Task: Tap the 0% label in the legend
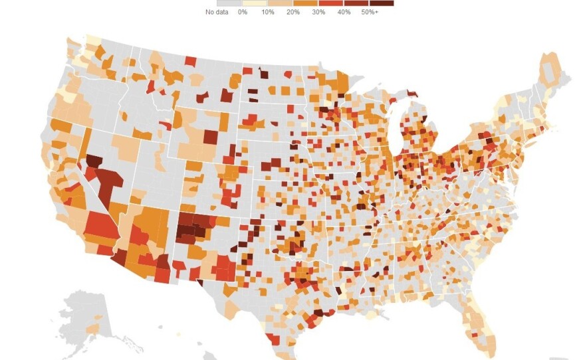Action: pos(243,12)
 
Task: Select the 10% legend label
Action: pos(267,12)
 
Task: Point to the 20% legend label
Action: pos(293,12)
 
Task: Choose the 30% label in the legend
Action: pos(319,12)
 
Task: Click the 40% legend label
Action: pos(344,12)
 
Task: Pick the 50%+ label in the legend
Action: pos(371,12)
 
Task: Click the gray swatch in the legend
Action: pos(217,3)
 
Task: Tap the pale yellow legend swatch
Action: pos(243,3)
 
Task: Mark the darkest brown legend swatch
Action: pos(382,3)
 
